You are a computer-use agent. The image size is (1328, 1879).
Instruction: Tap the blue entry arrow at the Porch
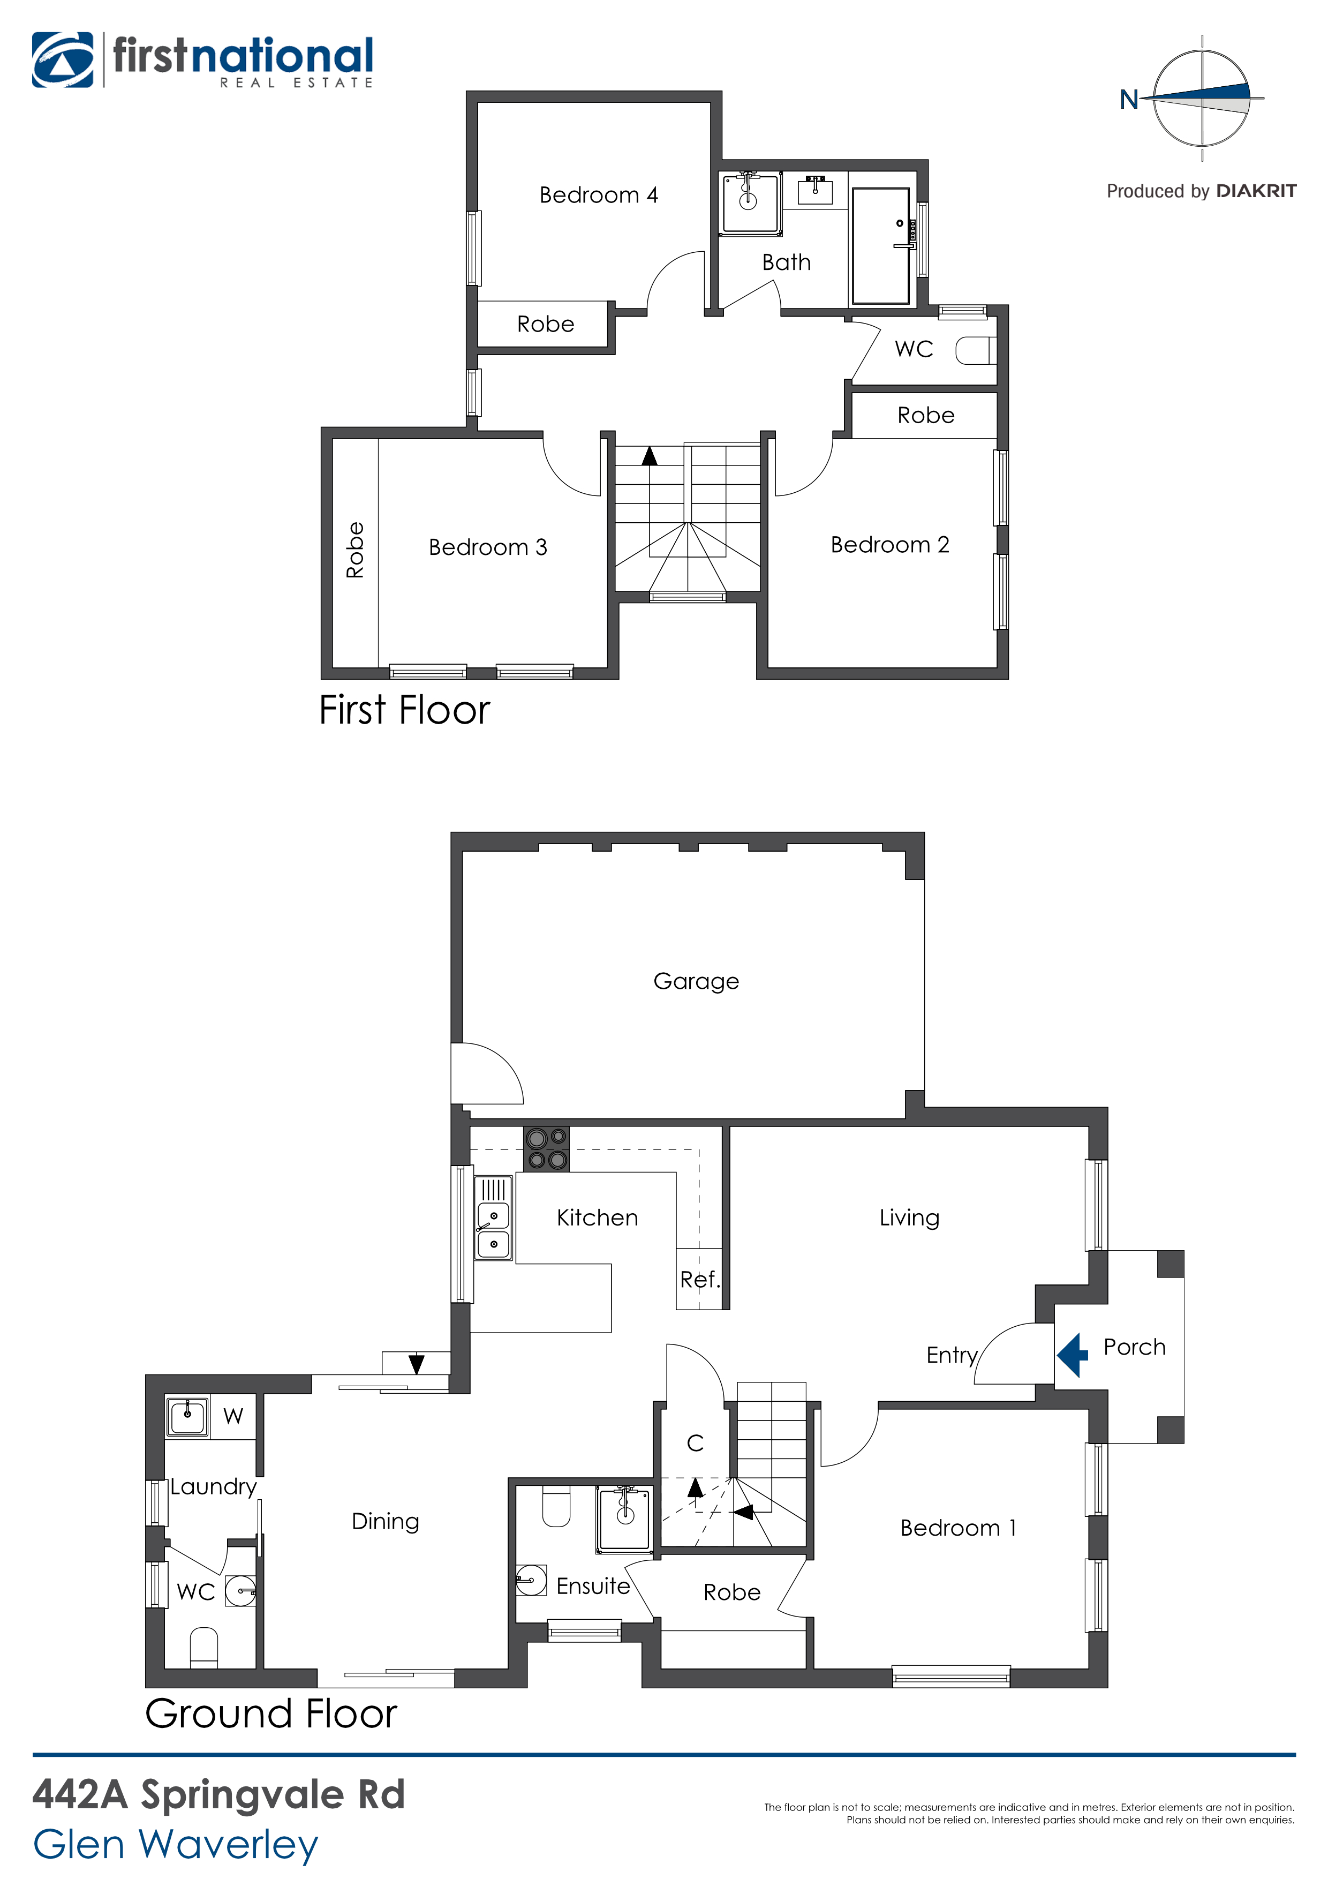(x=1072, y=1355)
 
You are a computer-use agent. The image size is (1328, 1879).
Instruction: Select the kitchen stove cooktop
(x=546, y=1148)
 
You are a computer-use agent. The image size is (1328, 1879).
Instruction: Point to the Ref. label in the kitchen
(x=699, y=1279)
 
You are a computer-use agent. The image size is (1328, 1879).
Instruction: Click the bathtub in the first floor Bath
(x=880, y=245)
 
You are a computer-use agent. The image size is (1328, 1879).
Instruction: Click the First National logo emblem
(x=62, y=60)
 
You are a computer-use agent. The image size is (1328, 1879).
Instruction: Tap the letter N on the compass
(x=1129, y=99)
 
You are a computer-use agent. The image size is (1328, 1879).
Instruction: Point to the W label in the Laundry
(x=233, y=1416)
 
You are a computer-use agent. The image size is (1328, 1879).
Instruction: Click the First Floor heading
(x=404, y=710)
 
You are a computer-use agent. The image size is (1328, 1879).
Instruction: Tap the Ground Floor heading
(x=271, y=1713)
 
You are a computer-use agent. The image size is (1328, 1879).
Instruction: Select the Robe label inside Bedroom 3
(x=355, y=550)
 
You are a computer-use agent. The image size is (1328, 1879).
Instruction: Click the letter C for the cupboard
(x=696, y=1443)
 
